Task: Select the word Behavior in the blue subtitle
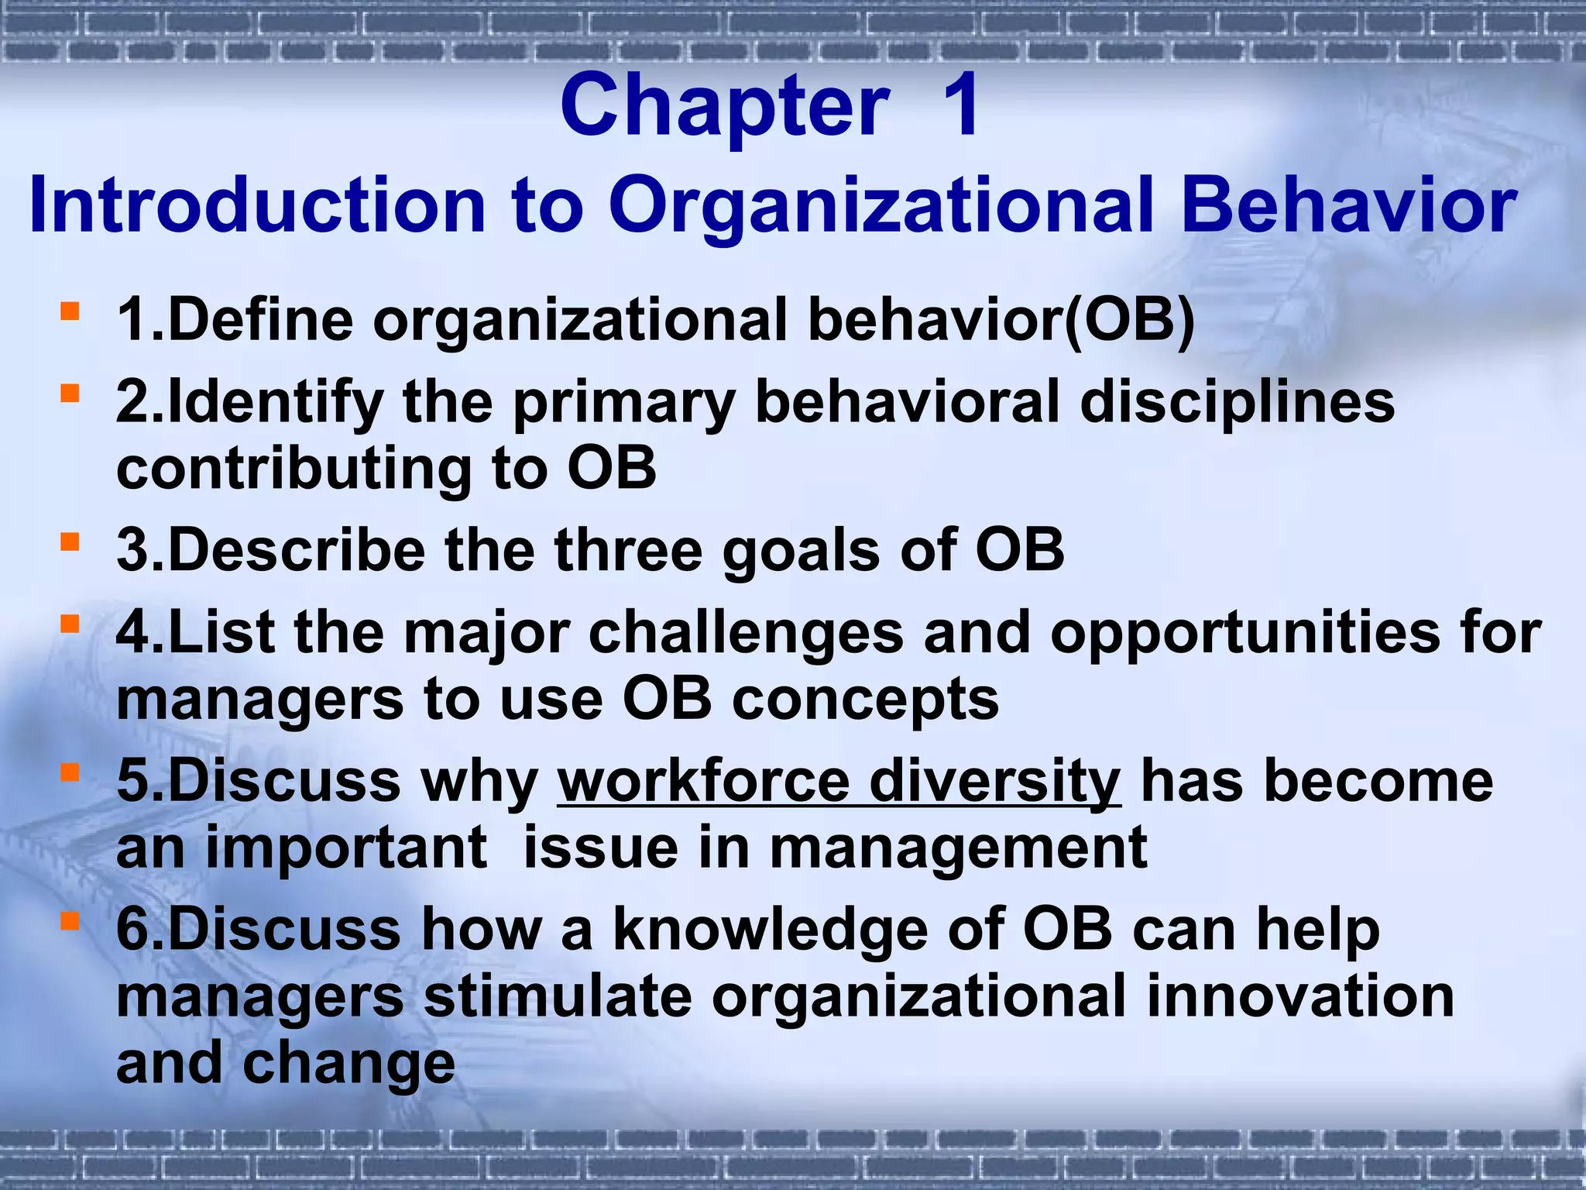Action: (1347, 205)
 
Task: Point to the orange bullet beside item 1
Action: (70, 311)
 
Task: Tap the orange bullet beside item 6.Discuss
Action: (70, 920)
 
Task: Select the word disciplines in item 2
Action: (1237, 403)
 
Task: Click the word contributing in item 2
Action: (294, 469)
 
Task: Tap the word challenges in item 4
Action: (746, 633)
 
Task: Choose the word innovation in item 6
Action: (1300, 996)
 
